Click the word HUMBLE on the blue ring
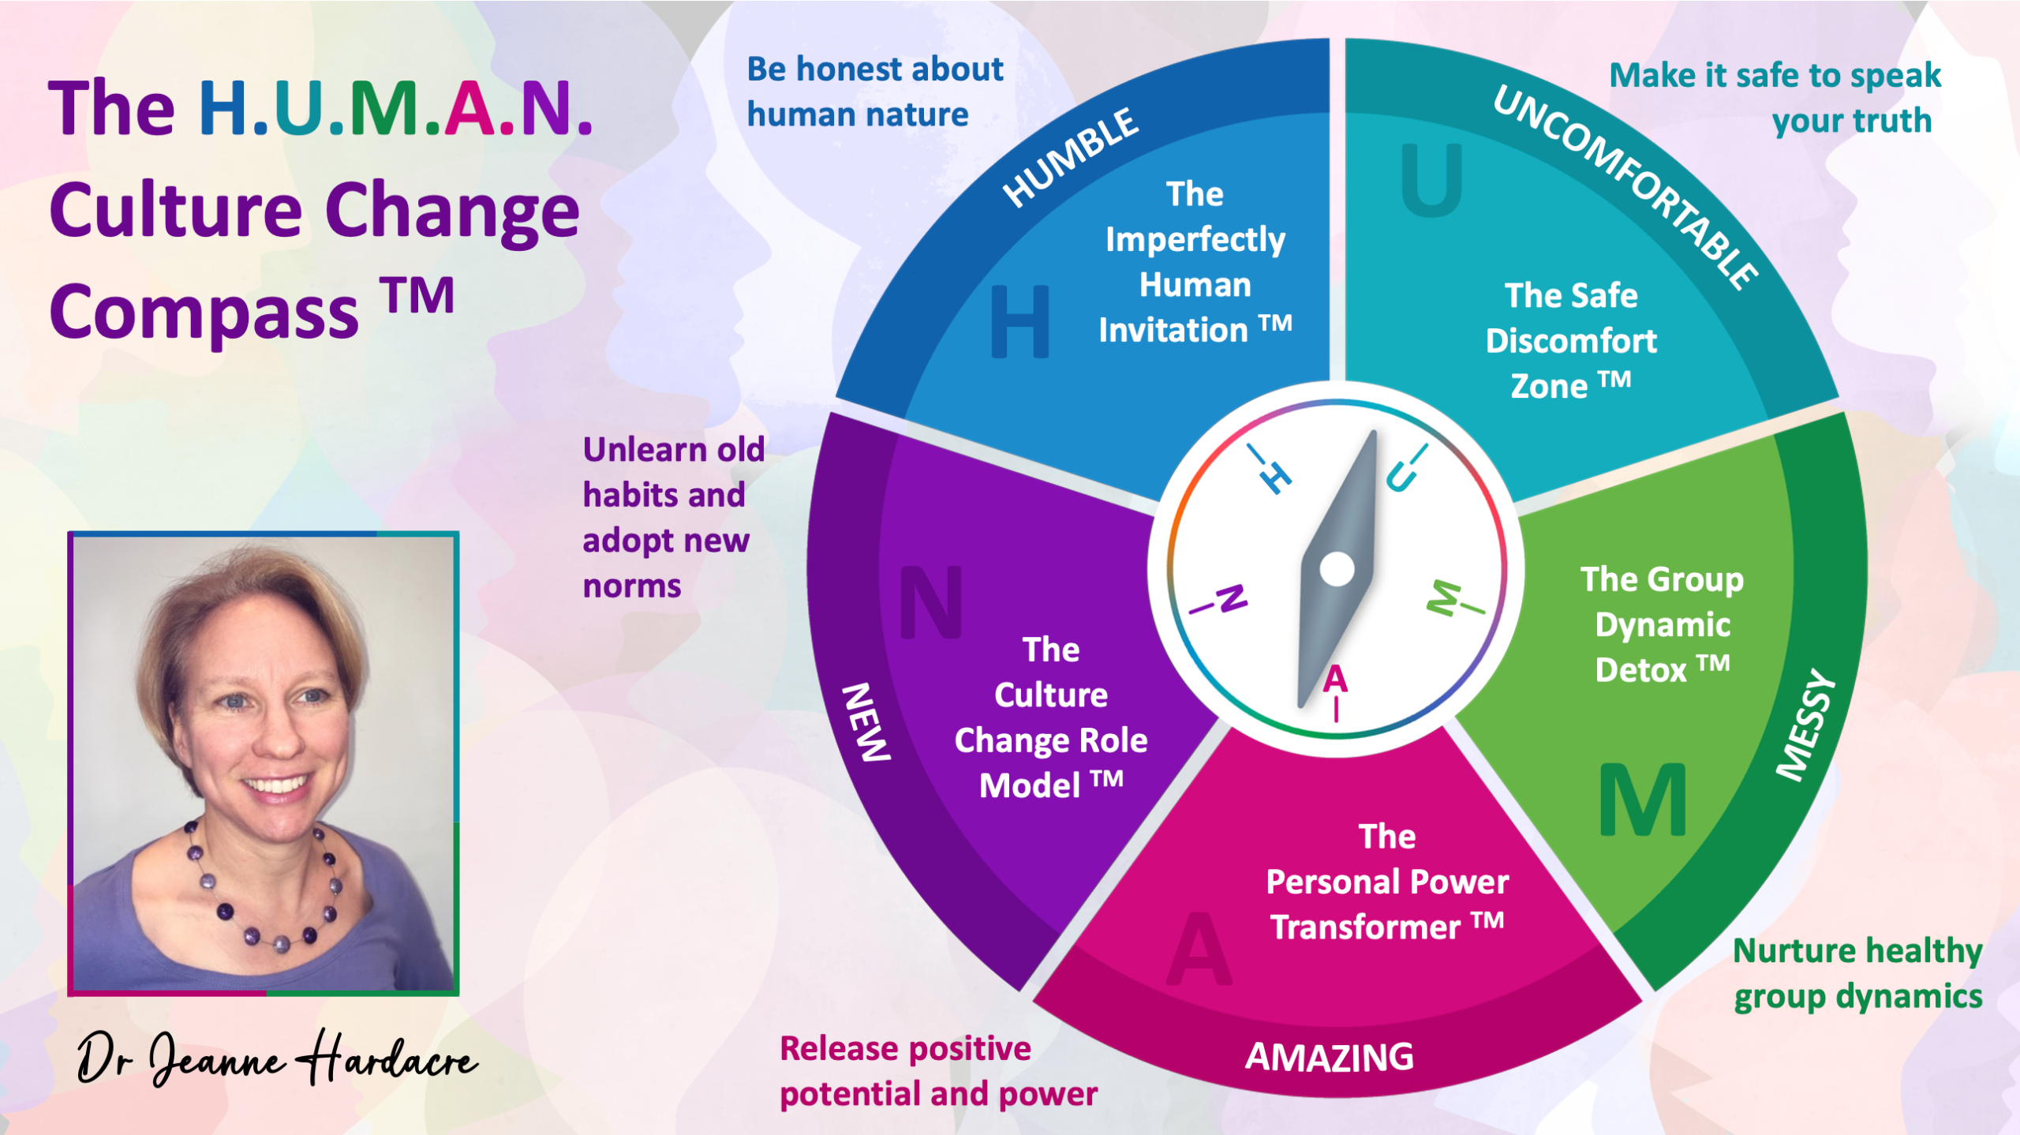point(1070,158)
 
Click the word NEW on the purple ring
point(866,722)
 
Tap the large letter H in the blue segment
point(1019,321)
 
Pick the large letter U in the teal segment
point(1431,181)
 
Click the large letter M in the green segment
point(1643,800)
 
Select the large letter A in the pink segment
point(1199,949)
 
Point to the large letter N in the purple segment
point(931,602)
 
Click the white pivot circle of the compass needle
point(1337,569)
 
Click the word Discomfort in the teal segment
point(1571,341)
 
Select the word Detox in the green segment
point(1640,670)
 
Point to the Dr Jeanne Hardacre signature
point(276,1058)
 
